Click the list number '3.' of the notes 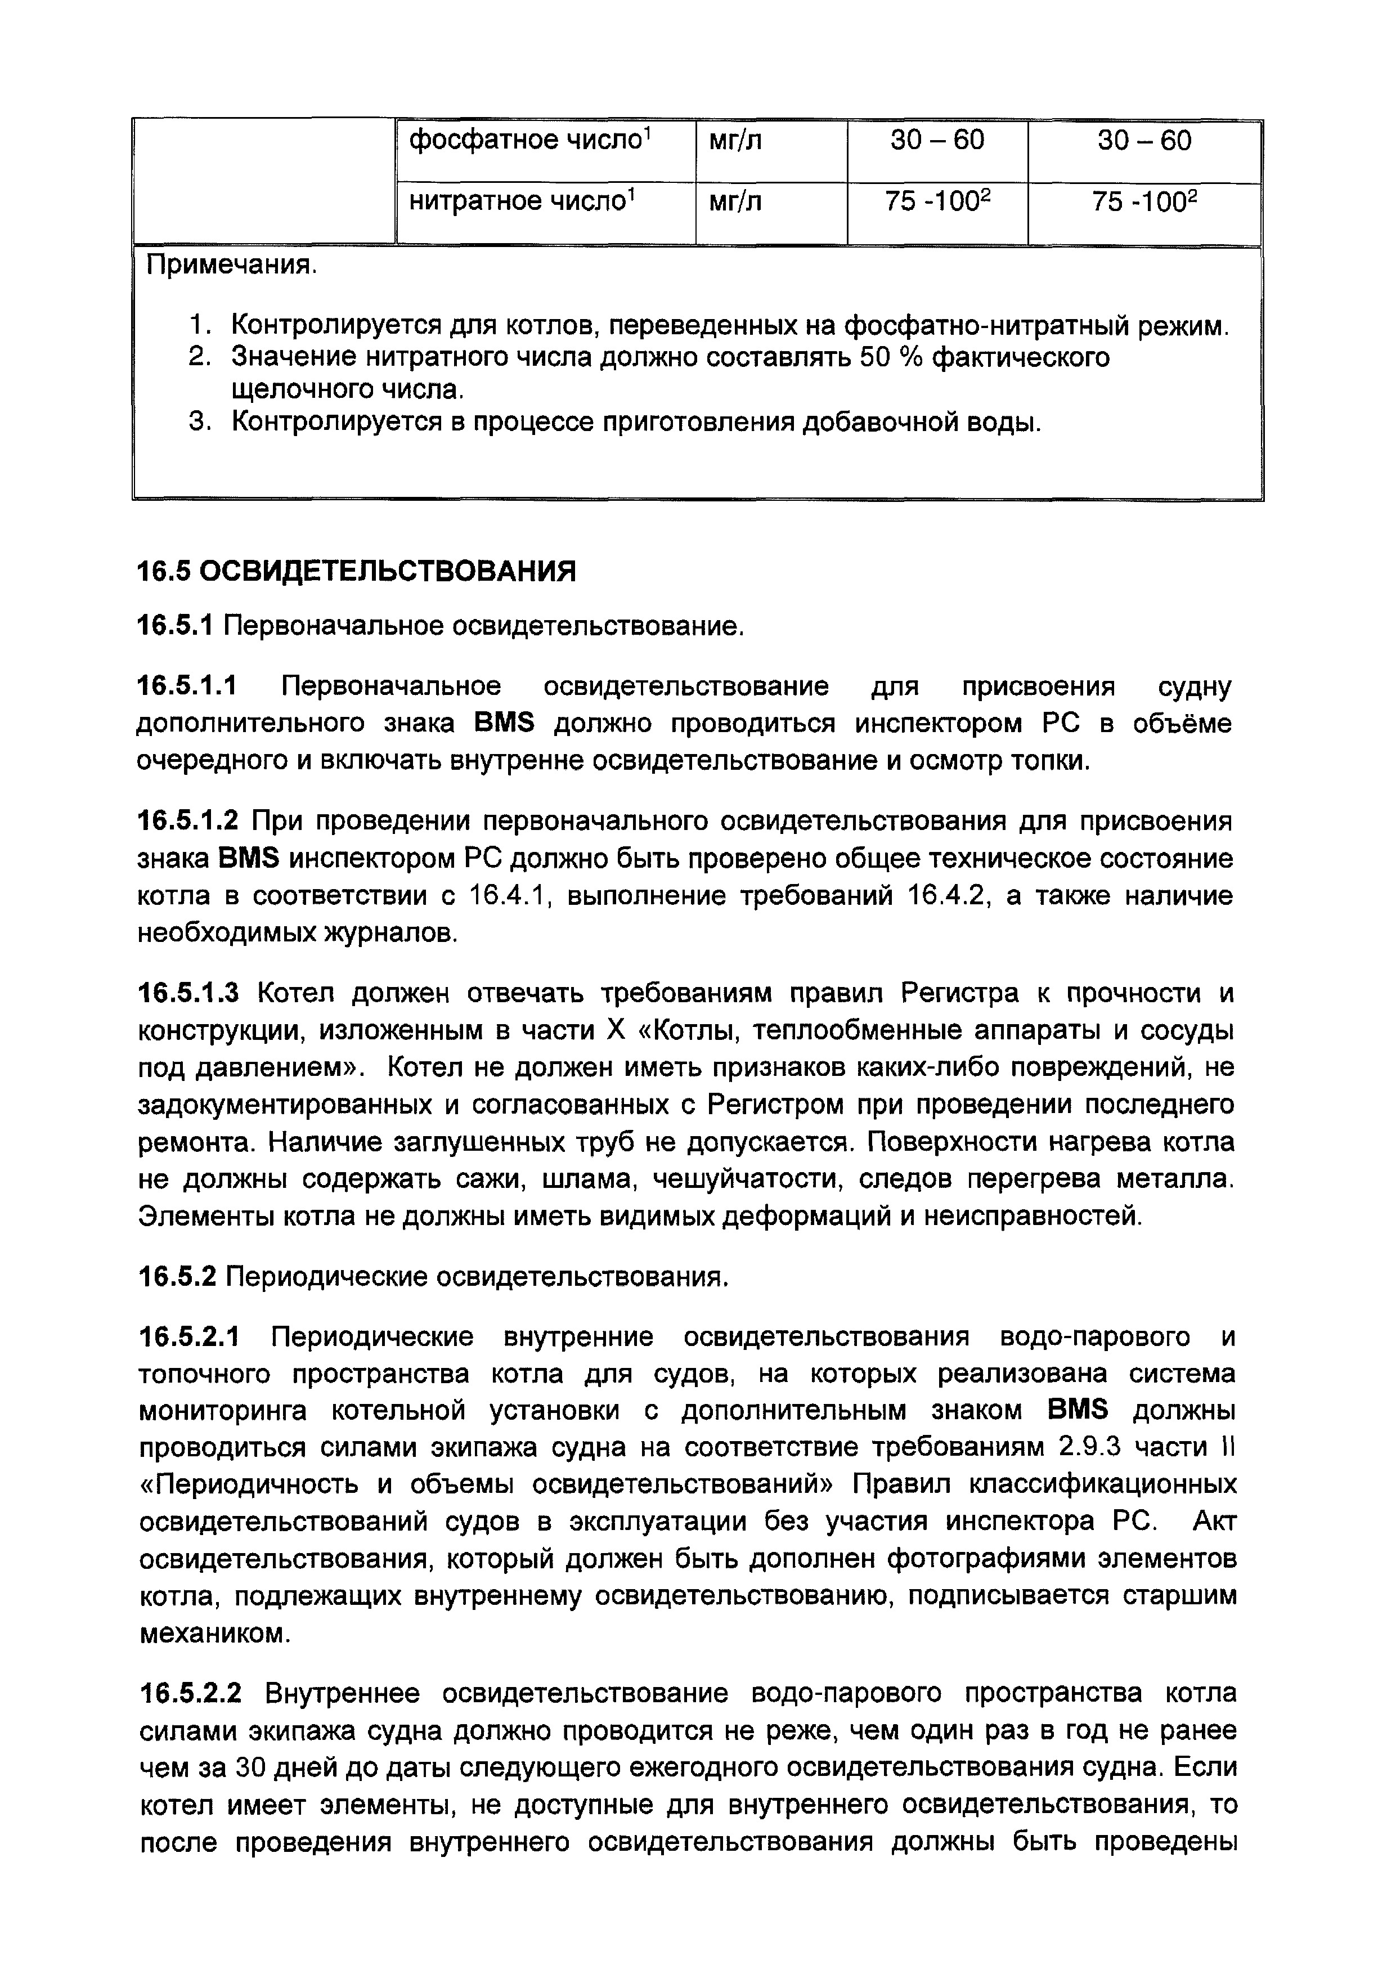[199, 422]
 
